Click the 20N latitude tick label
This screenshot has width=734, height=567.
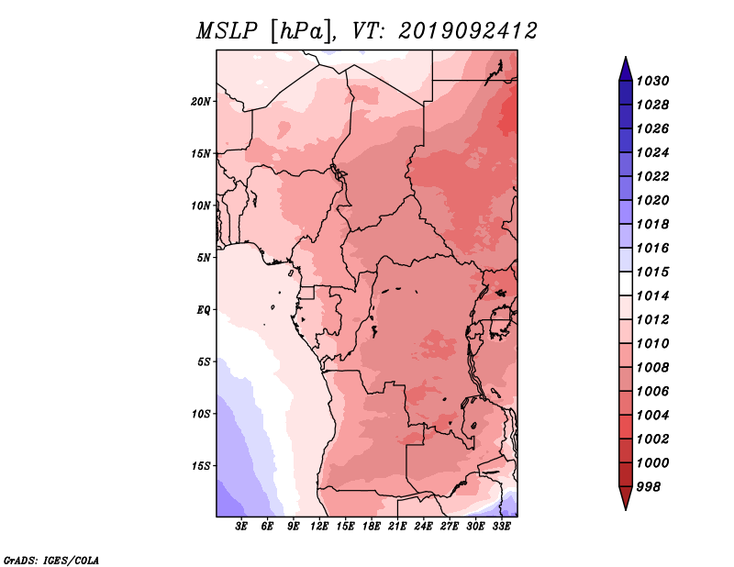point(201,101)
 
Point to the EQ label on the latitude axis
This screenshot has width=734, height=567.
point(204,309)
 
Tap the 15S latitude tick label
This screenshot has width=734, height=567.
point(201,466)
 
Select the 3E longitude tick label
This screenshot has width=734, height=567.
point(241,527)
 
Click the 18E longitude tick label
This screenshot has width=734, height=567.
point(372,527)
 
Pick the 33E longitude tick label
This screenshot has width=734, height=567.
point(501,527)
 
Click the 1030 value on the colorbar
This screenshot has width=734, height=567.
point(652,81)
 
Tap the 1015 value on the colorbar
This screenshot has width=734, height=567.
point(652,272)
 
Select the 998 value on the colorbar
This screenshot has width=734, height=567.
point(649,487)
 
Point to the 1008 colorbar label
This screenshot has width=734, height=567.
point(652,368)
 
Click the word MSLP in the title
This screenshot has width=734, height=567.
point(227,31)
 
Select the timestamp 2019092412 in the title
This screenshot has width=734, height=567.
point(468,31)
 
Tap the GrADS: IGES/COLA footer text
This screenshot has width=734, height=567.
point(51,560)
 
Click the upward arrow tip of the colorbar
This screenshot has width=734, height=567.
point(626,57)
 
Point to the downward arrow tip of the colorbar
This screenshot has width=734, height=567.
point(626,509)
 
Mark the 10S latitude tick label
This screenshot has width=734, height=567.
point(201,414)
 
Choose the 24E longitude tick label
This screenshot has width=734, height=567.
point(423,527)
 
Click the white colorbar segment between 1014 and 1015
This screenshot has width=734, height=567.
point(626,283)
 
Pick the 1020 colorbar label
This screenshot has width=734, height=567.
point(652,200)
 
